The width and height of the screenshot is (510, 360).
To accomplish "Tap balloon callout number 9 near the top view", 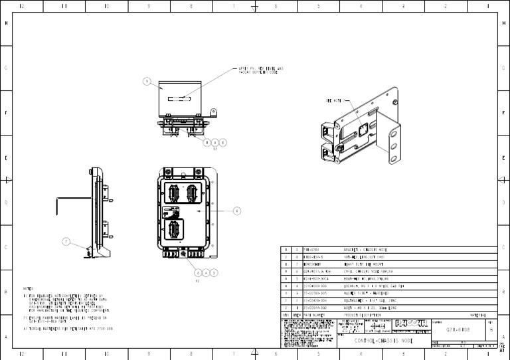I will [x=147, y=82].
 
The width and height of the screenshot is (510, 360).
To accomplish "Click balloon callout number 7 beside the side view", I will [x=66, y=242].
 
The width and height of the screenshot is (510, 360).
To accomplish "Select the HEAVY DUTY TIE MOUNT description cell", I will [x=359, y=264].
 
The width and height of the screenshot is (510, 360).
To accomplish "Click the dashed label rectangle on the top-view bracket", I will [x=179, y=100].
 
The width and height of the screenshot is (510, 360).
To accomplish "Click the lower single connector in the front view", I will [x=175, y=230].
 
